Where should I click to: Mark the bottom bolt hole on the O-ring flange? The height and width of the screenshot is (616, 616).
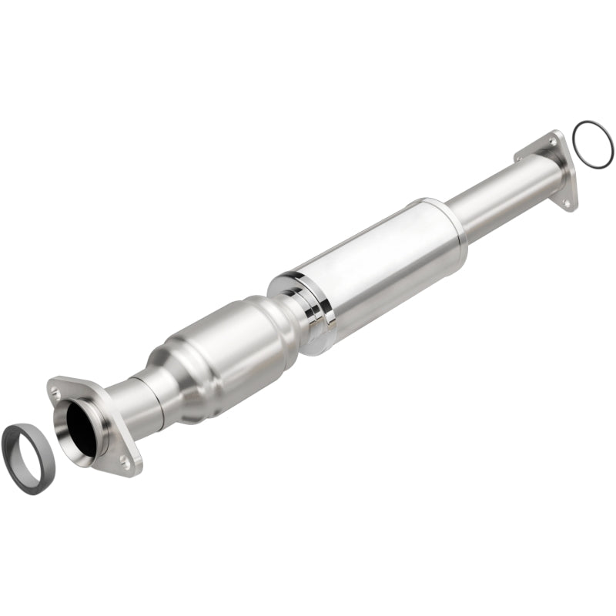tap(566, 203)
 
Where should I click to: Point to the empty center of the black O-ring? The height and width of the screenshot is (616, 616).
tap(593, 144)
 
